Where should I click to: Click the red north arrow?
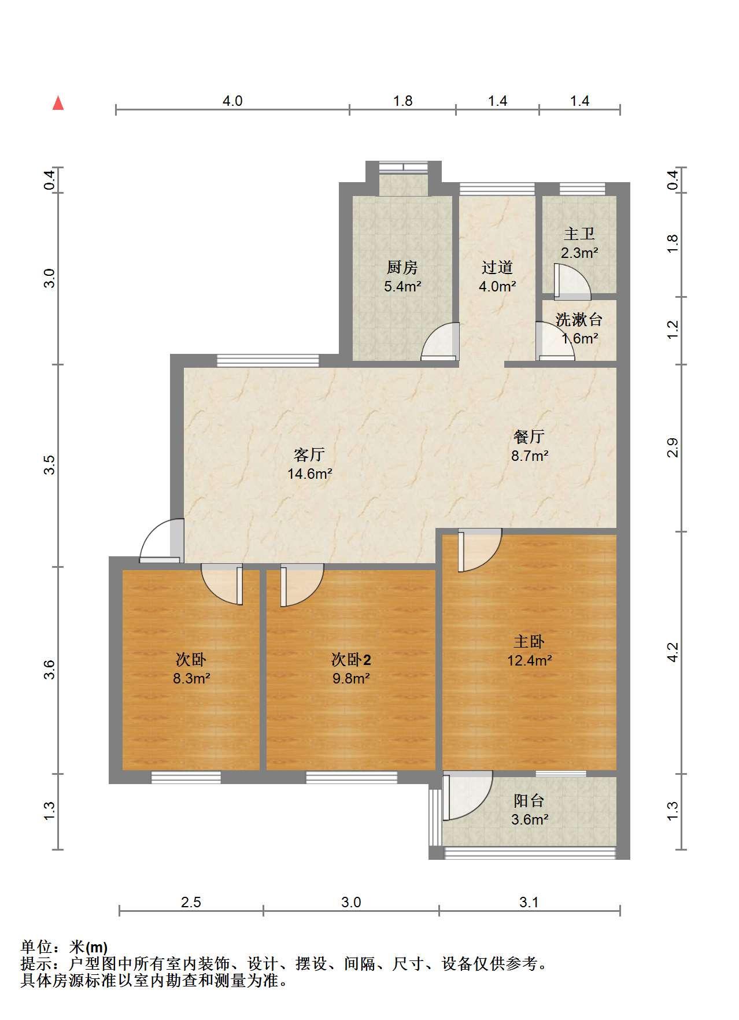[58, 103]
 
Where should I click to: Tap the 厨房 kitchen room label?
[402, 267]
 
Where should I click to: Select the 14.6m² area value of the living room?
[309, 474]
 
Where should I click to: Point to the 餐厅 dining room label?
[529, 437]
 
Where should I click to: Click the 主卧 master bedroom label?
[529, 641]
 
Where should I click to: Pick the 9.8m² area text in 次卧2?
[351, 678]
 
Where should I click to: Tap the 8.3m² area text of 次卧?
[191, 678]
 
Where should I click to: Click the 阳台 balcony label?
[529, 801]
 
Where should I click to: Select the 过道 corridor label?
[497, 267]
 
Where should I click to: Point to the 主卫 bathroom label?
[579, 234]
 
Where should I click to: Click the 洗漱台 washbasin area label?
[579, 319]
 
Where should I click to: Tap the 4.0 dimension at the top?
[232, 101]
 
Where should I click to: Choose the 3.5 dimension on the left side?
[50, 465]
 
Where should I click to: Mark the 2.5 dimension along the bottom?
[191, 902]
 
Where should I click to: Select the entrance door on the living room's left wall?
[162, 541]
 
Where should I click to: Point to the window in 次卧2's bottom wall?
[351, 778]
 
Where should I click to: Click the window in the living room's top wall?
[268, 360]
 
